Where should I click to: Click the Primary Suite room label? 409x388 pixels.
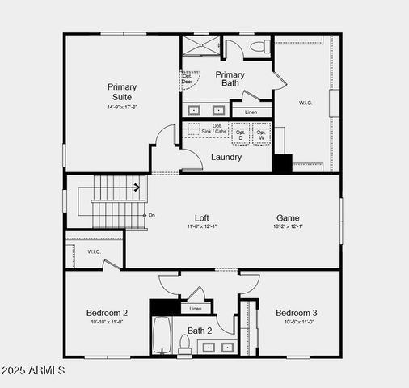(122, 91)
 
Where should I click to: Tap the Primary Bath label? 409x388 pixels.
(230, 78)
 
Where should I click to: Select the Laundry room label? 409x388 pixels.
(226, 157)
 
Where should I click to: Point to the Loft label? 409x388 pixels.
(202, 217)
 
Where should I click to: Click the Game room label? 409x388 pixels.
(288, 217)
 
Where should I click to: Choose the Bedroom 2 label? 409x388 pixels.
(107, 313)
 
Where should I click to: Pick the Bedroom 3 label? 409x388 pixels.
(297, 313)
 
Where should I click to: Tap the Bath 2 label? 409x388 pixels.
(200, 330)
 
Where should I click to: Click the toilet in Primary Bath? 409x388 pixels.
(259, 46)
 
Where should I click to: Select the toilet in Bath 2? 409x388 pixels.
(184, 345)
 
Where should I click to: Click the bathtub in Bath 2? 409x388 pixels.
(162, 336)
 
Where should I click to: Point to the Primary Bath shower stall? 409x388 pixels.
(199, 46)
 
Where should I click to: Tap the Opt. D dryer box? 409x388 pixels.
(240, 135)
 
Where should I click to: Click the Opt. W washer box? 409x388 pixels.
(261, 135)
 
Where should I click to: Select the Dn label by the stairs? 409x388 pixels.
(152, 215)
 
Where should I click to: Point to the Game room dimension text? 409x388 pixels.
(289, 227)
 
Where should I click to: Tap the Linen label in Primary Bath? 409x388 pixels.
(251, 112)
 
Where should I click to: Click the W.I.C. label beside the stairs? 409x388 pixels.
(94, 251)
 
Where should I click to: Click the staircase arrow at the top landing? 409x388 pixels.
(137, 188)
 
